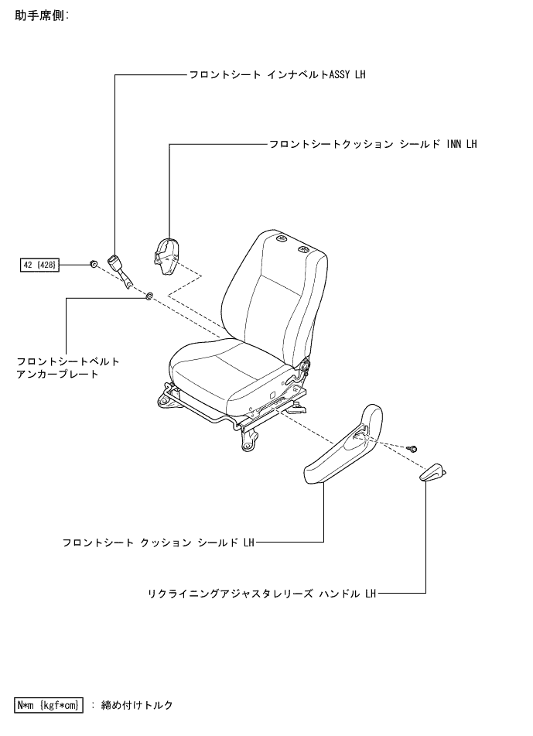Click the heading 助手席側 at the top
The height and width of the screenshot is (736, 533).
pos(42,15)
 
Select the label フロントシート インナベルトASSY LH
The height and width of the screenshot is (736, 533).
pos(277,75)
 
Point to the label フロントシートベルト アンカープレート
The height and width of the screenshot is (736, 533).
pos(68,368)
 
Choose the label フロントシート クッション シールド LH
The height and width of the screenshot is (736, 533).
pos(158,543)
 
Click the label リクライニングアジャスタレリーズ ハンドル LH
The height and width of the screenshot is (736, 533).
pos(261,594)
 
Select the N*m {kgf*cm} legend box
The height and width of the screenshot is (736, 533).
pos(48,705)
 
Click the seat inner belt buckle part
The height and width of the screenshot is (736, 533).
pos(119,269)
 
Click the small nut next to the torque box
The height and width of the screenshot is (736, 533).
pos(93,265)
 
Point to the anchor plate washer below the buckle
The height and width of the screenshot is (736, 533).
pos(149,296)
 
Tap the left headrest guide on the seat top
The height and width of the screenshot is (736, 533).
pos(280,238)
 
